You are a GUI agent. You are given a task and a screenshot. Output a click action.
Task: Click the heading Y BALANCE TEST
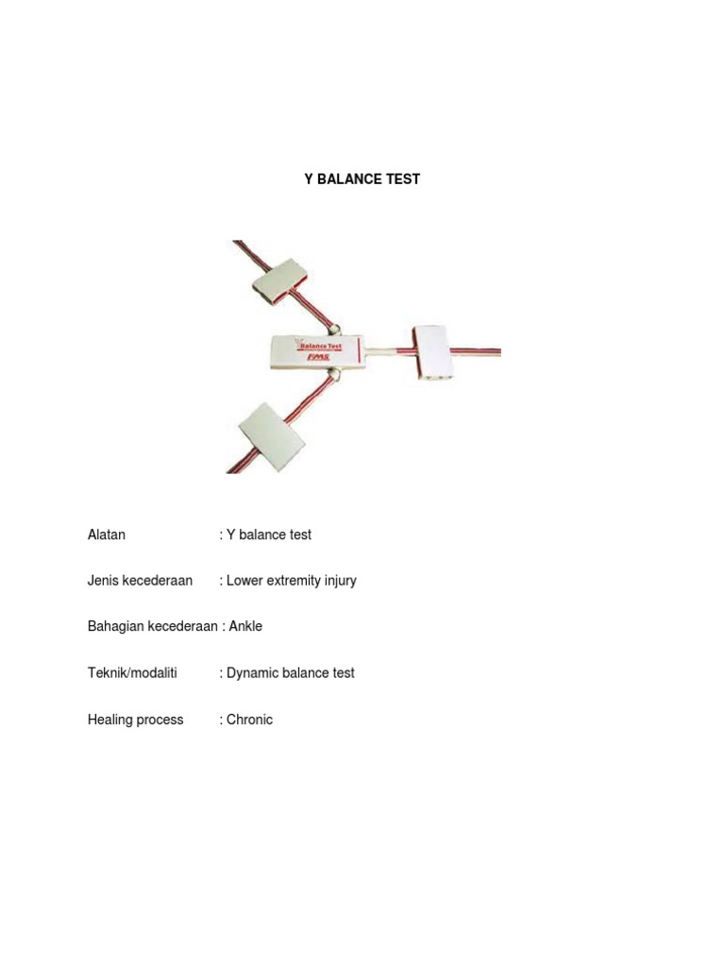[x=362, y=178]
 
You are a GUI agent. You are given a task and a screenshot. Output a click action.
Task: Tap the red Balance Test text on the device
[x=321, y=347]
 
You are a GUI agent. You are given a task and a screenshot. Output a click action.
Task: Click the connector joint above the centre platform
[x=334, y=330]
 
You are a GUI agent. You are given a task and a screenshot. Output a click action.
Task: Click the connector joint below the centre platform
[x=334, y=376]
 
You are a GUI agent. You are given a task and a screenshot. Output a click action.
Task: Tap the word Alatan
[x=107, y=534]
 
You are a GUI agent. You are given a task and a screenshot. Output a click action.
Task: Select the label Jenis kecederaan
[x=140, y=581]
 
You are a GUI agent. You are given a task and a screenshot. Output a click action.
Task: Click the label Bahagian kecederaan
[x=152, y=627]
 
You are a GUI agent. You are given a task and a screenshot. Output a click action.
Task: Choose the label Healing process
[x=136, y=720]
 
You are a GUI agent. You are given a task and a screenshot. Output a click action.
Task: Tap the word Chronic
[x=249, y=720]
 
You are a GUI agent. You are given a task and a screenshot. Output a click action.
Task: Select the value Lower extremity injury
[x=292, y=581]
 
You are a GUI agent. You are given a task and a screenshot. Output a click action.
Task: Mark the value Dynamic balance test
[x=291, y=673]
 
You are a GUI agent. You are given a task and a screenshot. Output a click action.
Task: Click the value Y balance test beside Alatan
[x=269, y=534]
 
